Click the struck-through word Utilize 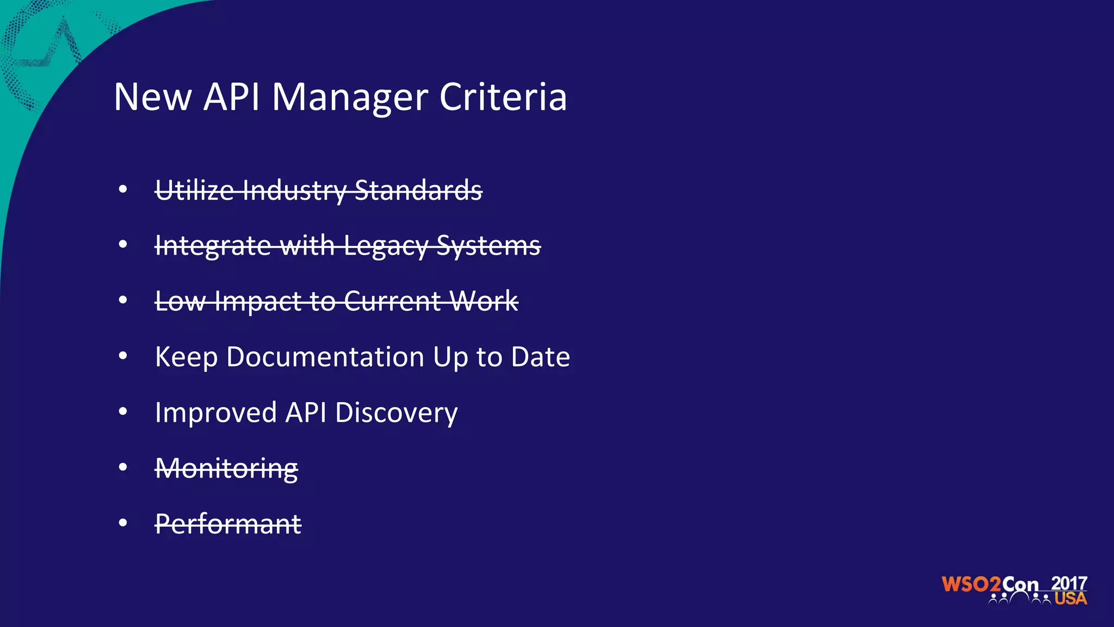(x=194, y=190)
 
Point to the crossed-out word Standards (x=418, y=190)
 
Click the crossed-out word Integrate (x=213, y=246)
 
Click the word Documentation (x=325, y=357)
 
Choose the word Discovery (x=396, y=413)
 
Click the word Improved (x=216, y=413)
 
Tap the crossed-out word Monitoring (x=226, y=469)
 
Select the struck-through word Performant (x=228, y=524)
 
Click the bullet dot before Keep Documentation (x=123, y=356)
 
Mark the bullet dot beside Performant (x=123, y=523)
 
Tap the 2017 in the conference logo (x=1069, y=583)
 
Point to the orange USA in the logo (x=1070, y=599)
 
